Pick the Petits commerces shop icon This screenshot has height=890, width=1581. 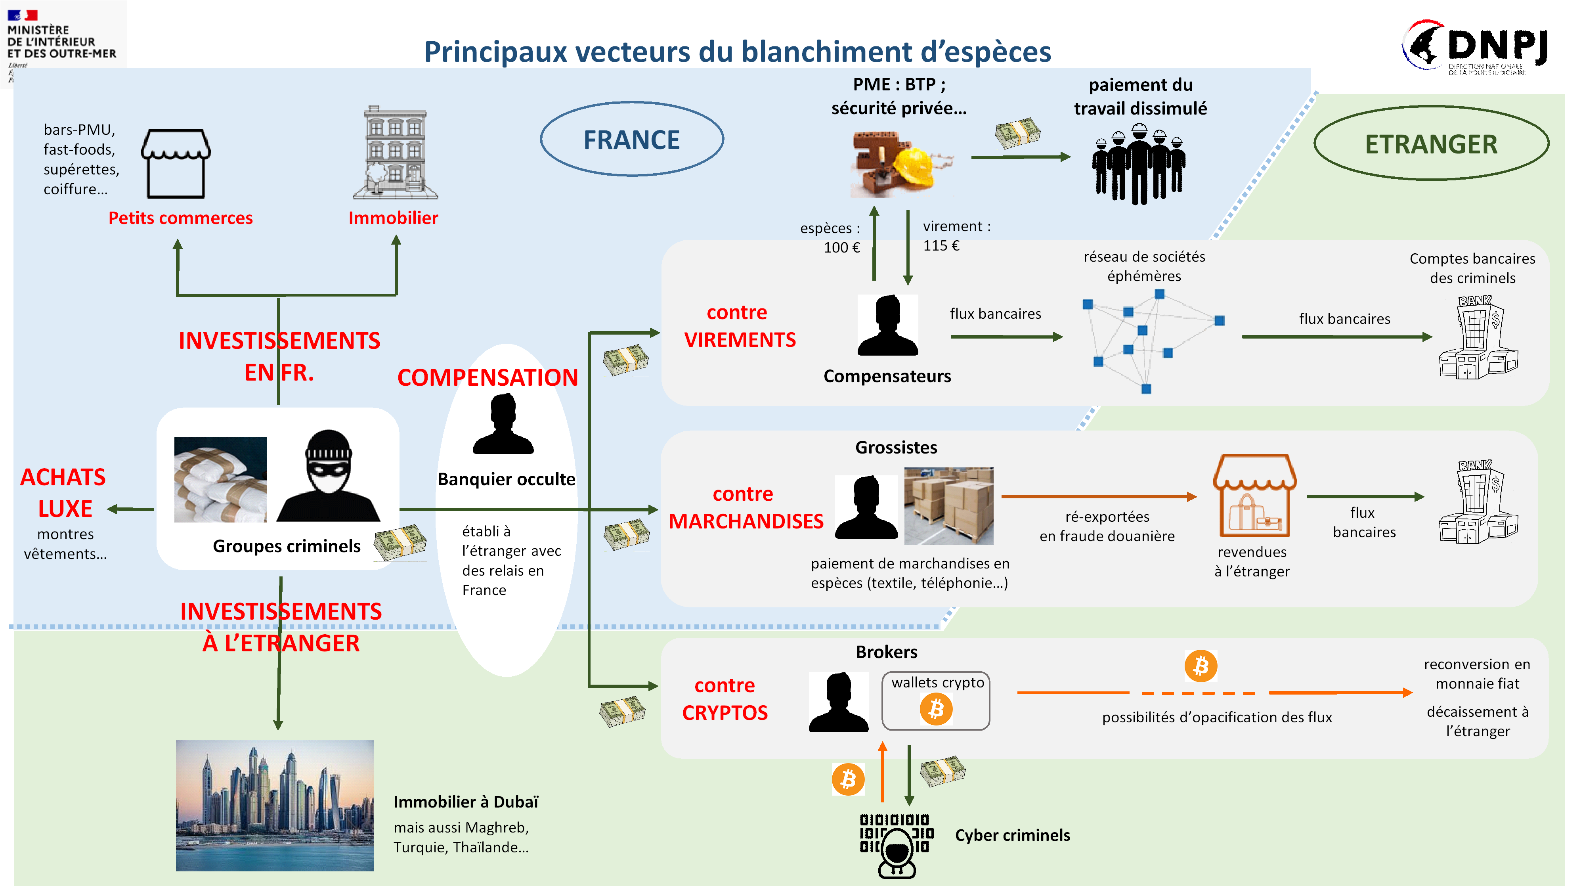[x=176, y=163]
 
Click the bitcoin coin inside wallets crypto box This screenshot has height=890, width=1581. [x=935, y=709]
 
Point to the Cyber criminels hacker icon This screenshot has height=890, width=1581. [x=896, y=846]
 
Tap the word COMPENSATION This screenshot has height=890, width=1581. [x=487, y=377]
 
